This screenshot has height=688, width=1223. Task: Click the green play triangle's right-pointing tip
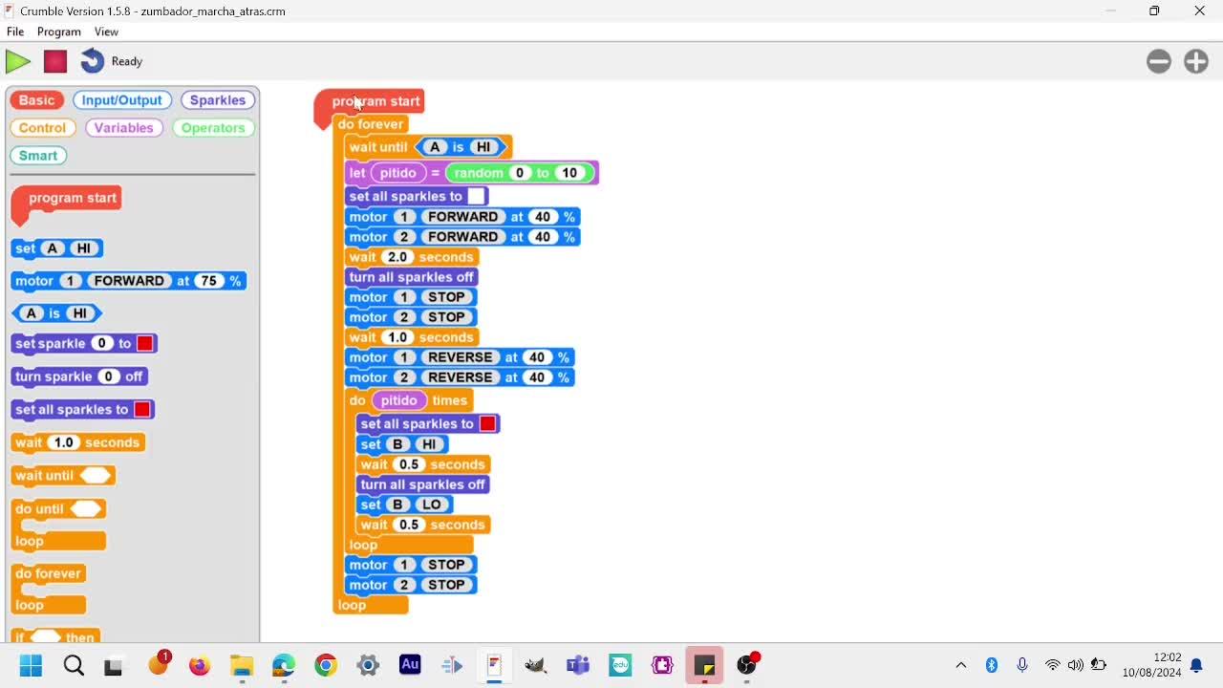(x=31, y=62)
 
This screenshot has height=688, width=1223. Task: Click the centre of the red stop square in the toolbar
(x=55, y=61)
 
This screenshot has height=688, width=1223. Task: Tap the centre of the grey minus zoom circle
(x=1159, y=61)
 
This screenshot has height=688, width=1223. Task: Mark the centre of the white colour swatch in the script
(x=476, y=196)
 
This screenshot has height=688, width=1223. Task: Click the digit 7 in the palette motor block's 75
(x=204, y=281)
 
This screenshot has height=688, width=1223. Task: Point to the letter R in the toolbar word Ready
(x=115, y=61)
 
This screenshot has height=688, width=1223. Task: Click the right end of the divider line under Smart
(x=255, y=175)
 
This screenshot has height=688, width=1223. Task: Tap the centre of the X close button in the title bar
(x=1199, y=11)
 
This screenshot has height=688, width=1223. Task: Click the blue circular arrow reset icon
(x=93, y=61)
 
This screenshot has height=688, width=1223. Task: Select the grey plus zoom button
(x=1195, y=61)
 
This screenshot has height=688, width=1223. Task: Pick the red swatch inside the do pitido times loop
(x=487, y=423)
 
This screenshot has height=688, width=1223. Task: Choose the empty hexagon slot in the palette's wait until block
(x=96, y=476)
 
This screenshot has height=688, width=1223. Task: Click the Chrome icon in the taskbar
(x=326, y=665)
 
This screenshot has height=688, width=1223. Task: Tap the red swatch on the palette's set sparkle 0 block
(x=145, y=343)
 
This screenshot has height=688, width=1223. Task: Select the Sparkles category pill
(x=217, y=100)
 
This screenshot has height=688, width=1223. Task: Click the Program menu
(x=59, y=32)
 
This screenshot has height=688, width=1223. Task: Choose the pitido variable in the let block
(x=398, y=173)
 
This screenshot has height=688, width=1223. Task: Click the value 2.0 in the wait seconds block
(x=397, y=257)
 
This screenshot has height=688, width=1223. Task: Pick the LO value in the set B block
(x=431, y=505)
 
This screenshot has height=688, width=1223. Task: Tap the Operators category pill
(x=213, y=128)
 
